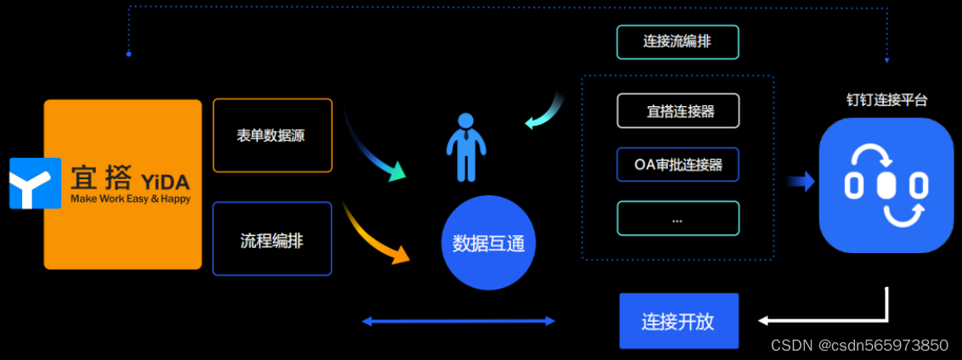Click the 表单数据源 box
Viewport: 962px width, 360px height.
coord(272,136)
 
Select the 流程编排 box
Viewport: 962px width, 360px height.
coord(272,239)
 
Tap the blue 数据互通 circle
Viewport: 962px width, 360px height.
coord(488,244)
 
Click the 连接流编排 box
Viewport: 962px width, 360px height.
coord(678,42)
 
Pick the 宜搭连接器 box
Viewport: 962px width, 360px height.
coord(678,110)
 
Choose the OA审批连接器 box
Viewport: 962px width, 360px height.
coord(678,165)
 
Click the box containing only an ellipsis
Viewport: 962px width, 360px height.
coord(678,218)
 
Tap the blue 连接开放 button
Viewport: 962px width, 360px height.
coord(678,321)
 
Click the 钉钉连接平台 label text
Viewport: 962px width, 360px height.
coord(886,99)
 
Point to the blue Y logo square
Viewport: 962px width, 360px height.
coord(35,183)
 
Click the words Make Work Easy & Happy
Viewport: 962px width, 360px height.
coord(131,200)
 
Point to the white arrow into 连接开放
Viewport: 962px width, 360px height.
coord(815,320)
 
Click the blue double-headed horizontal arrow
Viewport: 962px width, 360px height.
coord(458,321)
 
